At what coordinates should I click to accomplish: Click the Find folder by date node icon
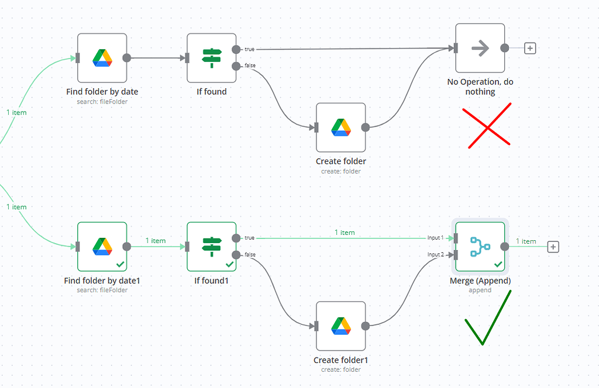pyautogui.click(x=102, y=58)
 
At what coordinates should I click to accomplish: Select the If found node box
pyautogui.click(x=211, y=58)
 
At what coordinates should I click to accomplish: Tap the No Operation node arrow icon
pyautogui.click(x=480, y=49)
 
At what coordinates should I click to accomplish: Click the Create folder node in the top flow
pyautogui.click(x=340, y=127)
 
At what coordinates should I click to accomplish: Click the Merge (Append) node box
pyautogui.click(x=480, y=247)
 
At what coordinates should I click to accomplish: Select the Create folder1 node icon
pyautogui.click(x=340, y=325)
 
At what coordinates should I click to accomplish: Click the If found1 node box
pyautogui.click(x=211, y=247)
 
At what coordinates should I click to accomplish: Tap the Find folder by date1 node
pyautogui.click(x=102, y=247)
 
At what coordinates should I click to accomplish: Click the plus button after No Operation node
pyautogui.click(x=530, y=49)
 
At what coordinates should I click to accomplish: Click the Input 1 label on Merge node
pyautogui.click(x=435, y=238)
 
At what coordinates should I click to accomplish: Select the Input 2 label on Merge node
pyautogui.click(x=435, y=255)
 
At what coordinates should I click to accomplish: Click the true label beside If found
pyautogui.click(x=249, y=49)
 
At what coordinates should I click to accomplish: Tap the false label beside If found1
pyautogui.click(x=250, y=255)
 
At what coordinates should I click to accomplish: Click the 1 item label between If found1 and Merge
pyautogui.click(x=345, y=233)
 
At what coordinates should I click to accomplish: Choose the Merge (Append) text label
pyautogui.click(x=480, y=280)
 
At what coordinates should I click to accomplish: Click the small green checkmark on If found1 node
pyautogui.click(x=229, y=265)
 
